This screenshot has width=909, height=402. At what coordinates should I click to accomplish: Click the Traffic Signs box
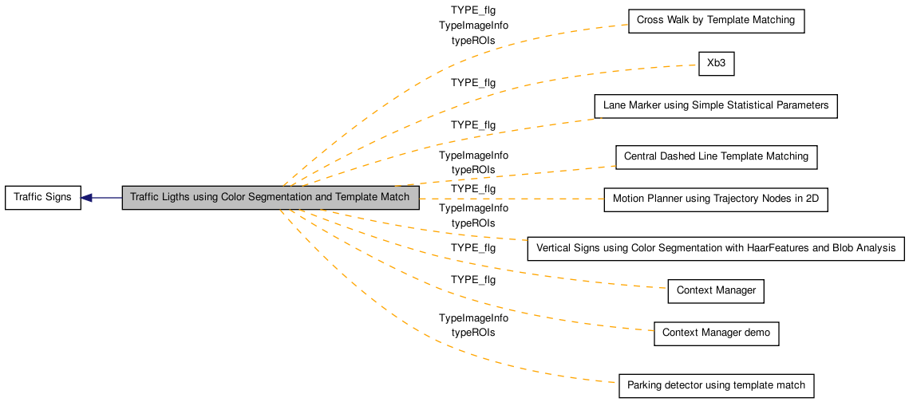point(43,198)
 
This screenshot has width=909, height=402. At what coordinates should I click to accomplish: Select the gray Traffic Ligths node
point(271,198)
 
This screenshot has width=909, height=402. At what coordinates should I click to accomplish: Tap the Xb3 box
point(717,63)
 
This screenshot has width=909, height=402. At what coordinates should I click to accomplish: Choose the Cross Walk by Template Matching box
point(716,21)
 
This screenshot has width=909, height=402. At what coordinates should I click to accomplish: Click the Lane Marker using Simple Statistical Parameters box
point(715,106)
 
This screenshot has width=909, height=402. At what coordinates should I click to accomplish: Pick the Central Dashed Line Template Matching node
point(716,157)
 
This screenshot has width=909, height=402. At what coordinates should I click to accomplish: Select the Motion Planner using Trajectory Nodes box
point(715,199)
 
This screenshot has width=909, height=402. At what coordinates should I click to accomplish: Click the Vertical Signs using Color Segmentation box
point(715,249)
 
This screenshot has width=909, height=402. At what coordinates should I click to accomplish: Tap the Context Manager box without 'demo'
point(715,291)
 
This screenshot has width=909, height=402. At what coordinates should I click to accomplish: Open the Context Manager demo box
point(716,333)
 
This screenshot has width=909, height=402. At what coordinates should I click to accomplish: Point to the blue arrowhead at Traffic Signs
point(86,198)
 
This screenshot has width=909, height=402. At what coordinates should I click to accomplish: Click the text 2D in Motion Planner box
point(812,199)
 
